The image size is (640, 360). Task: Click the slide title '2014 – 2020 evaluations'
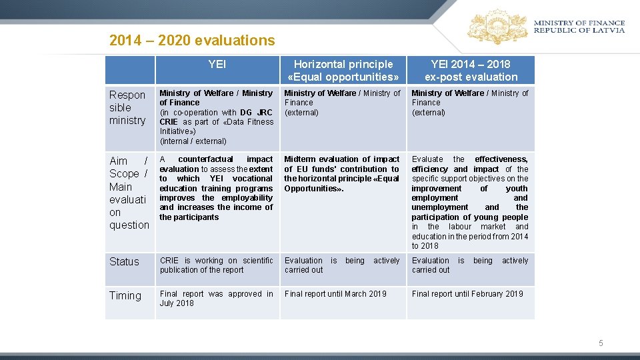192,41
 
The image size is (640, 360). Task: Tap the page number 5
601,343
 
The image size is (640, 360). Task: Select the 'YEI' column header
217,64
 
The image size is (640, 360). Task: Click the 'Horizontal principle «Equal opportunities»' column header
343,70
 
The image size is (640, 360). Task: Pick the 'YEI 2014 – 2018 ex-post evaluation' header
471,70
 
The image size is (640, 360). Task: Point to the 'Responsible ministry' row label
127,107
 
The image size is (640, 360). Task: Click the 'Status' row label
125,261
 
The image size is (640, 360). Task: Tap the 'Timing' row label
125,295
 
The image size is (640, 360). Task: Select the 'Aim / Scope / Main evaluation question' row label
129,193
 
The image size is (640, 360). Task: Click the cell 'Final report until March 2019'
335,293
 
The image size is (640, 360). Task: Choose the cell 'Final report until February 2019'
467,293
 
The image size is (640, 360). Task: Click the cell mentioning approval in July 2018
216,298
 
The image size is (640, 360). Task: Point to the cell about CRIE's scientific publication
216,265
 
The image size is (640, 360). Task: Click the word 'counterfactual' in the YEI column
205,159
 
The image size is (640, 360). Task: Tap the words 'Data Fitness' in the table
250,122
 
